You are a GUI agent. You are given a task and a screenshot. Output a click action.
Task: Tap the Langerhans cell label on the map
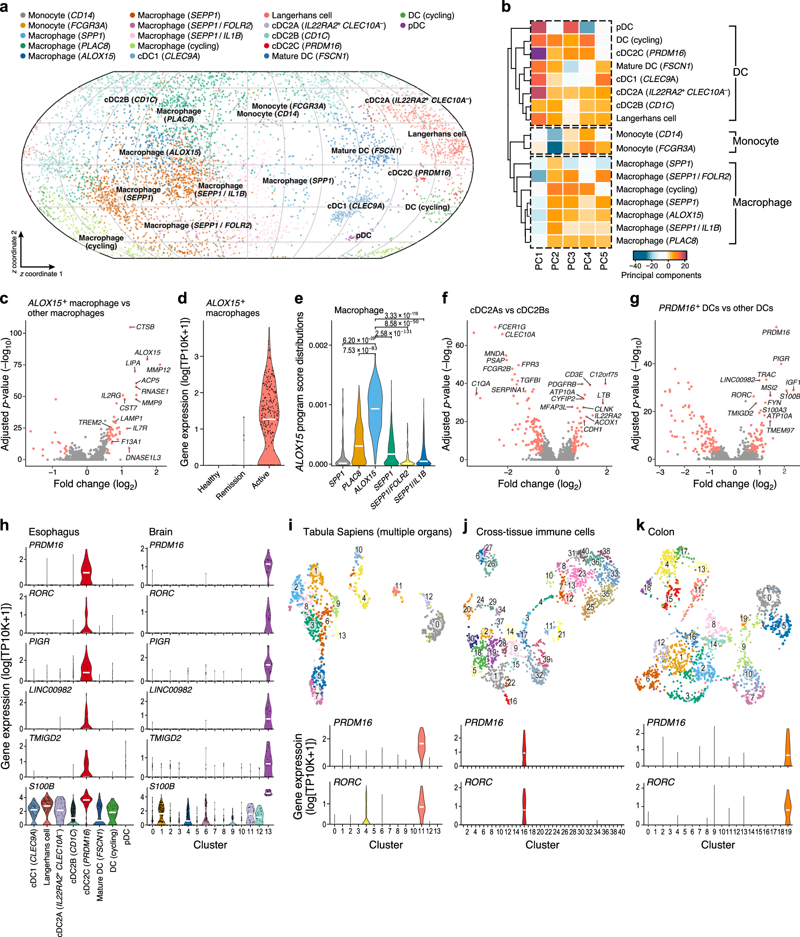pos(436,134)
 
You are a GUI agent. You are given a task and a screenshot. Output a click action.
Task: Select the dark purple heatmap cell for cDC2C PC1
pos(538,53)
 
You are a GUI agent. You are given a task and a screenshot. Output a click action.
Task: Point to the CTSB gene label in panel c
pos(145,327)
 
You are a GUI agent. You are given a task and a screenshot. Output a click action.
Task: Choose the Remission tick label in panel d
pos(231,485)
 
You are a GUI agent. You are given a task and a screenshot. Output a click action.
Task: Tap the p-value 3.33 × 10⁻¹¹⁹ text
pos(401,315)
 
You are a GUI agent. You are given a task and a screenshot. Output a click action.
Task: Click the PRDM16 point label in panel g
pos(776,332)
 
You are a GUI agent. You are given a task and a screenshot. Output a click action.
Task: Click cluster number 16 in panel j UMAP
pos(513,701)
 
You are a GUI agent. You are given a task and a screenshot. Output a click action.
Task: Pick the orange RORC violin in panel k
pos(788,807)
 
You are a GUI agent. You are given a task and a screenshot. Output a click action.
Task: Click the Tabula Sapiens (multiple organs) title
pos(377,532)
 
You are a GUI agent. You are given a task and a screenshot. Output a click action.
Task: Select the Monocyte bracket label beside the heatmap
pos(755,141)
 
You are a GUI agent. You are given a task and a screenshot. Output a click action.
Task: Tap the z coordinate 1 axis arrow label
pos(41,274)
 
